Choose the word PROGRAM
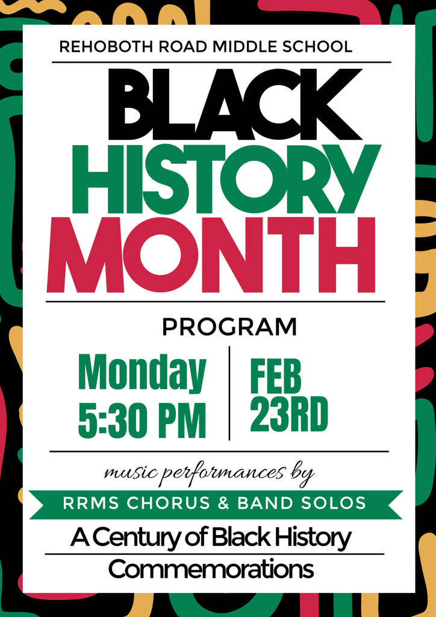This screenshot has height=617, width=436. coord(229,327)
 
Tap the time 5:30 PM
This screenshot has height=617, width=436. coord(142,419)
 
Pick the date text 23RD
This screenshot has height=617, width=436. coord(289,415)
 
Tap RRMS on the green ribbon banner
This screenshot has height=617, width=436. coord(88,503)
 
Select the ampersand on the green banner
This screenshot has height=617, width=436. coord(223,503)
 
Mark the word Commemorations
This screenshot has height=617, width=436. coord(211,569)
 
